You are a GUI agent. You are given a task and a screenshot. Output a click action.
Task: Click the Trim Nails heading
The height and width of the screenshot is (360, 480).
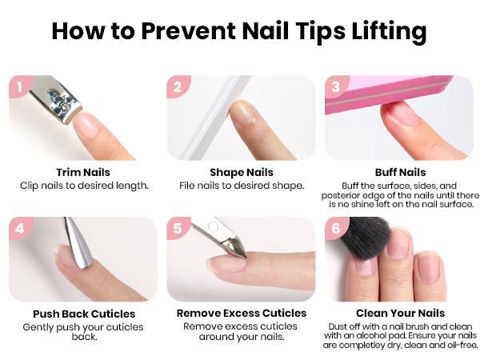coord(83,172)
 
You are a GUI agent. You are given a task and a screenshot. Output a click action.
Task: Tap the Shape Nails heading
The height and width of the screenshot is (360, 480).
coord(241,172)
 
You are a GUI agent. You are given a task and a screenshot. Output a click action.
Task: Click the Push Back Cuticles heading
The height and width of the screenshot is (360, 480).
coord(83,314)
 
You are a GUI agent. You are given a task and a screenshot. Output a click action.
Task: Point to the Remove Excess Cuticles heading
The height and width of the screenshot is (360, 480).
coord(241,314)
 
